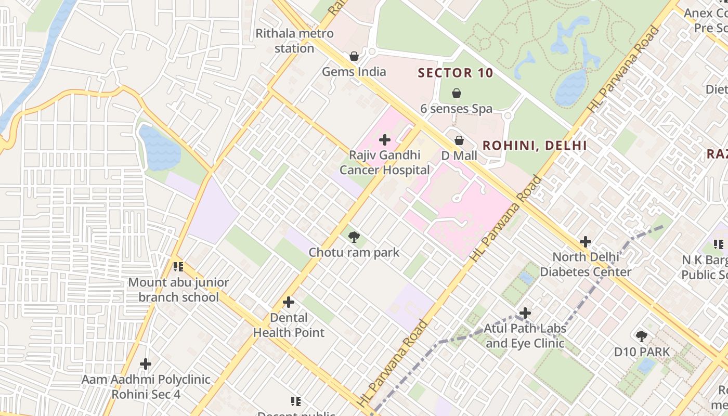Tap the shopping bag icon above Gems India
tap(354, 56)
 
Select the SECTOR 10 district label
tap(456, 73)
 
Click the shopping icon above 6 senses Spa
tap(457, 94)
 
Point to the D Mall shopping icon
tap(459, 140)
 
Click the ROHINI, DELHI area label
tap(535, 146)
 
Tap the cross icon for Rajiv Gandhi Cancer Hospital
tap(385, 140)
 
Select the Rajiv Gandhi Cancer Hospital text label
tap(385, 163)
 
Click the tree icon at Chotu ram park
tap(354, 238)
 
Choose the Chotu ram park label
tap(354, 253)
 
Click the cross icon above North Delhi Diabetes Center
tap(586, 242)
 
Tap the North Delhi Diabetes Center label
tap(586, 264)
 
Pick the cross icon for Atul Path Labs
tap(525, 313)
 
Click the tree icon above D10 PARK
tap(642, 336)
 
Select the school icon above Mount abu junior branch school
tap(178, 267)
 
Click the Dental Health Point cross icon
tap(289, 302)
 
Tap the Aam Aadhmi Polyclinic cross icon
tap(146, 363)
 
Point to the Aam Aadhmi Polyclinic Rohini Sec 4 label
tap(146, 387)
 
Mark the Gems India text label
tap(354, 72)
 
